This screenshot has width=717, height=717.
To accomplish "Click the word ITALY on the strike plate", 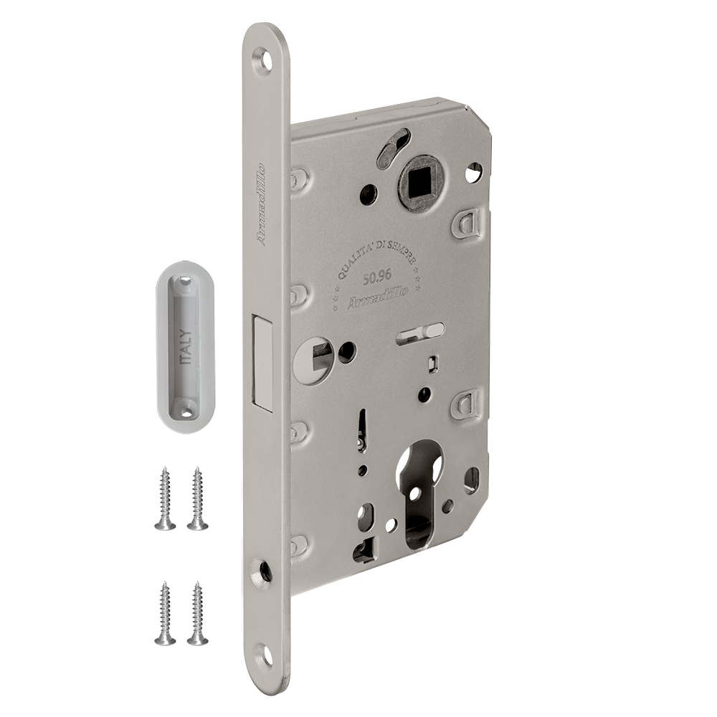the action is click(x=187, y=348).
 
